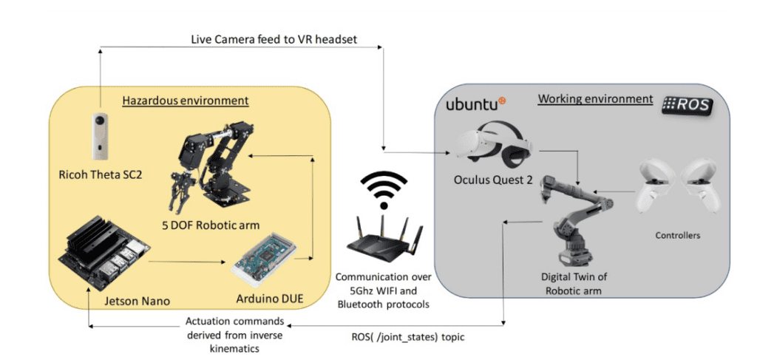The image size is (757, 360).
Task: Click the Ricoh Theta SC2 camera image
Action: pos(99,137)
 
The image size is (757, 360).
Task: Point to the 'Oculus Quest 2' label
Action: pos(493,180)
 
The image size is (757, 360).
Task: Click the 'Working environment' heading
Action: pos(595,98)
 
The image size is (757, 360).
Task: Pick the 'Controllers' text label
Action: pos(677,236)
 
